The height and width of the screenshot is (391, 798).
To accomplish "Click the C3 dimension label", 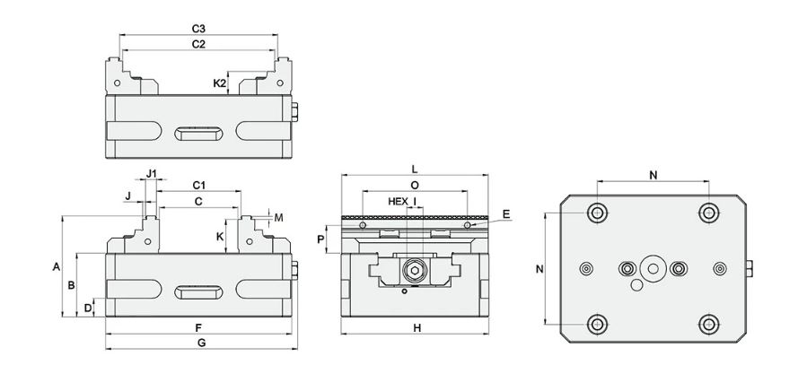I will pyautogui.click(x=199, y=28).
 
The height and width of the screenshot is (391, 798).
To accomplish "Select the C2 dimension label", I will pyautogui.click(x=199, y=43).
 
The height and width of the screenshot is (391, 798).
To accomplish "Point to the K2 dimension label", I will pyautogui.click(x=219, y=83).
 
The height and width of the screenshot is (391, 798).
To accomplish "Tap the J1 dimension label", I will pyautogui.click(x=152, y=172).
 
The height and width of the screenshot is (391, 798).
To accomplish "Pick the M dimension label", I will pyautogui.click(x=278, y=217).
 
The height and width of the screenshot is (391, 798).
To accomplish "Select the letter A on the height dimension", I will pyautogui.click(x=56, y=266).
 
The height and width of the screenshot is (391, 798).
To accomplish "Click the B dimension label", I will pyautogui.click(x=72, y=284).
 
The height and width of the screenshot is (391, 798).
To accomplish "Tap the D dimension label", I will pyautogui.click(x=87, y=308).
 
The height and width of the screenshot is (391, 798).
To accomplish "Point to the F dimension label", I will pyautogui.click(x=198, y=328).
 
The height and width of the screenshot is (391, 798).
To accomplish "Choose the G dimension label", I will pyautogui.click(x=201, y=343).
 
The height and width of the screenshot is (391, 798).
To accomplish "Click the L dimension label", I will pyautogui.click(x=414, y=169).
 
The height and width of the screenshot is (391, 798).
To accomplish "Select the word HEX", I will pyautogui.click(x=398, y=201).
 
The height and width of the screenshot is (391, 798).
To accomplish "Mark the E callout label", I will pyautogui.click(x=506, y=213).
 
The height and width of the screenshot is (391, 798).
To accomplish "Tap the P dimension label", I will pyautogui.click(x=320, y=239).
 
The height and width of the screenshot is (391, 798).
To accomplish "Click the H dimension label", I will pyautogui.click(x=417, y=329).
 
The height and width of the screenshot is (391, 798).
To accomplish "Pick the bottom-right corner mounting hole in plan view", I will pyautogui.click(x=709, y=324).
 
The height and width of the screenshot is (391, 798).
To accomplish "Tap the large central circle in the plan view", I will pyautogui.click(x=653, y=268).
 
